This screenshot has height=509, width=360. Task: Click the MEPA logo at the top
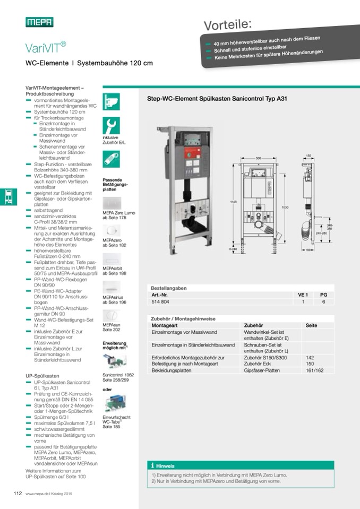click(x=39, y=22)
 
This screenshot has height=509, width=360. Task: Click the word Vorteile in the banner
click(x=228, y=24)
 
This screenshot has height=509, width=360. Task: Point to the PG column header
click(x=323, y=295)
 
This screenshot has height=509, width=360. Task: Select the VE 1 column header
click(x=303, y=295)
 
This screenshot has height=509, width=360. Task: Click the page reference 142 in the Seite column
click(x=311, y=358)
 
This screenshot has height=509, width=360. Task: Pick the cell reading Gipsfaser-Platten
click(x=261, y=371)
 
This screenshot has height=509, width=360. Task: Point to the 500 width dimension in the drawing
click(x=259, y=159)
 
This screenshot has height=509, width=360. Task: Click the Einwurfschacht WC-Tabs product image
click(x=114, y=404)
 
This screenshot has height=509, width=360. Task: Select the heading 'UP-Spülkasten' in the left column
click(x=42, y=375)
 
